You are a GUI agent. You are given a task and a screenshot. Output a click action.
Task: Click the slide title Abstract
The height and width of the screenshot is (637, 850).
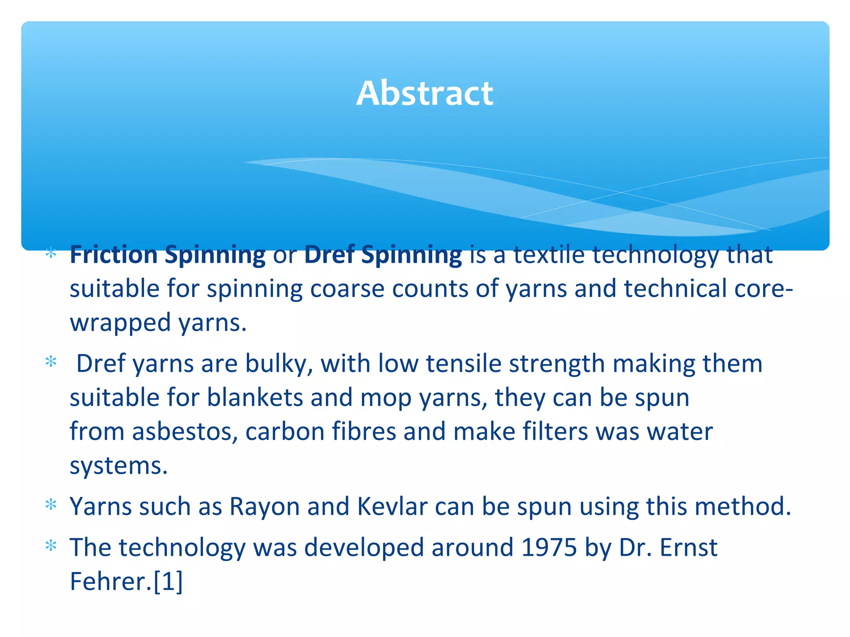[425, 93]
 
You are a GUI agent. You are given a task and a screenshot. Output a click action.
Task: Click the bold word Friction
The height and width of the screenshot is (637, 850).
[113, 254]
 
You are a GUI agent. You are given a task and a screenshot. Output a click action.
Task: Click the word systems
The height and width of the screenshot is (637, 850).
[118, 466]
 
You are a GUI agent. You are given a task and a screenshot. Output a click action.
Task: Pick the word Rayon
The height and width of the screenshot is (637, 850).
[264, 506]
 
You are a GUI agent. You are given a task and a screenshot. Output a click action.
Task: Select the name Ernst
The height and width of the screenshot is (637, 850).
[689, 547]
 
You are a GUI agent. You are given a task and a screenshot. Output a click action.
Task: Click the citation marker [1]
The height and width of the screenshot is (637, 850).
[168, 581]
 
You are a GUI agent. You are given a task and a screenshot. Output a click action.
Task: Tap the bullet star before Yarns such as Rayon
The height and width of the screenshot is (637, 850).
[51, 505]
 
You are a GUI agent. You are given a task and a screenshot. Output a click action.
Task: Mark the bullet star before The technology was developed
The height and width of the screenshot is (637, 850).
[51, 546]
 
